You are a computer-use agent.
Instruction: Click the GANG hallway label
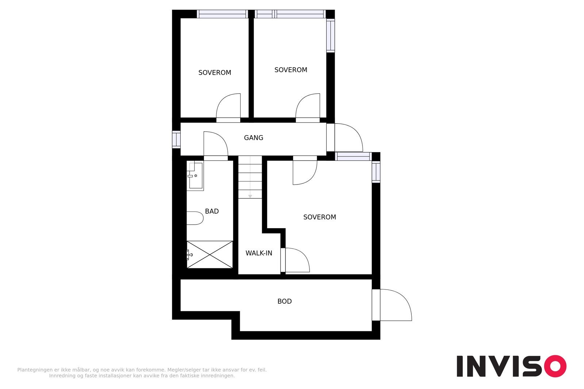coord(253,138)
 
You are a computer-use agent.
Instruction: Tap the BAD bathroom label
coord(212,211)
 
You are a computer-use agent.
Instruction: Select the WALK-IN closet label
coord(258,253)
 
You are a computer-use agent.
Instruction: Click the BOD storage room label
coord(284,302)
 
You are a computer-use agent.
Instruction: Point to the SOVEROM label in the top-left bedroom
coord(215,73)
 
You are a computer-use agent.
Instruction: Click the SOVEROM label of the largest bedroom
coord(319,217)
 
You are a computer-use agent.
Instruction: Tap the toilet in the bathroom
coord(195,218)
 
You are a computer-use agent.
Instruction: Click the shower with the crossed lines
coord(210,254)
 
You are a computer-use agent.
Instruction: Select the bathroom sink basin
coord(195,176)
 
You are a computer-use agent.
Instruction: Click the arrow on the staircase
coord(250,196)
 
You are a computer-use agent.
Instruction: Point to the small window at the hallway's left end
coord(176,140)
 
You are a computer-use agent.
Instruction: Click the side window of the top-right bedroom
coord(330,35)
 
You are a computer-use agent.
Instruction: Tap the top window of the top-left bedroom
coord(222,14)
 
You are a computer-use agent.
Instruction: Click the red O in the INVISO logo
coord(555,366)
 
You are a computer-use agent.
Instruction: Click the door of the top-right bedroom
coord(308,107)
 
